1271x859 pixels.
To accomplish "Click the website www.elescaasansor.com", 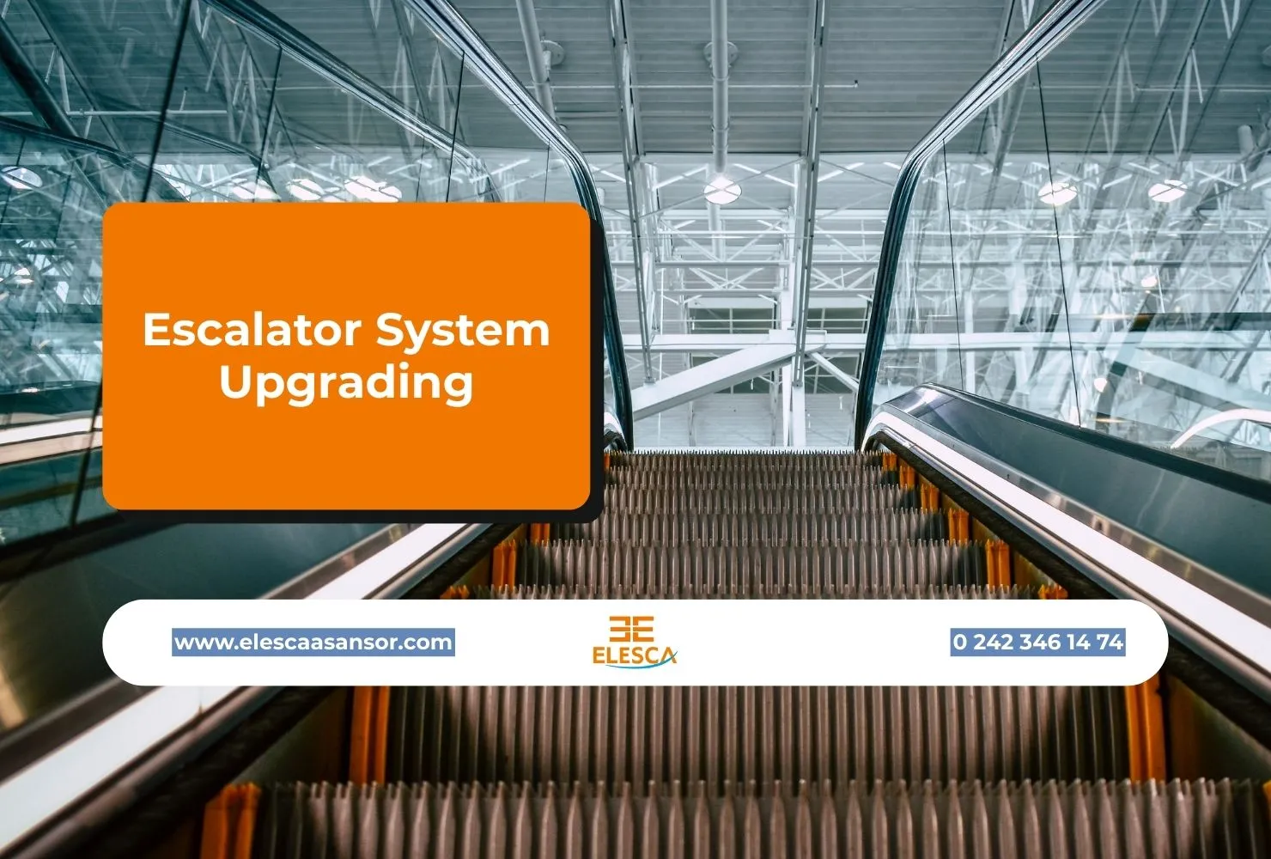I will click(313, 642).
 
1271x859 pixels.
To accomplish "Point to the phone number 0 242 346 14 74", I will click(1037, 642).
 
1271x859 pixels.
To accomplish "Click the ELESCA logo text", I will click(634, 655).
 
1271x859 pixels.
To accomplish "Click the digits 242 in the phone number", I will click(994, 642).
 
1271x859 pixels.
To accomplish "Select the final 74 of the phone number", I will click(1110, 642).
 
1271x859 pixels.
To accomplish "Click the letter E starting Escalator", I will click(155, 330).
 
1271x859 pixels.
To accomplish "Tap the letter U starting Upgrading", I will click(234, 381).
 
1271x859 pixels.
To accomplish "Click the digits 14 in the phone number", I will click(1077, 642).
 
